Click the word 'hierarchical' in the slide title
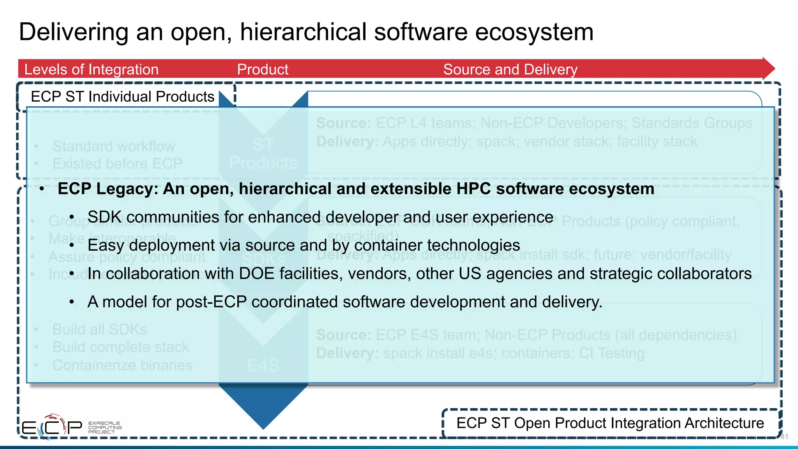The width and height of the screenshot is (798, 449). pos(303,32)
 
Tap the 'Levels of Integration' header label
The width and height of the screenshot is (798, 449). pos(91,69)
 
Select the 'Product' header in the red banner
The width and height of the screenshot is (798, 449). pos(263,69)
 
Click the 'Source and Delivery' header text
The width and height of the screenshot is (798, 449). pos(510,69)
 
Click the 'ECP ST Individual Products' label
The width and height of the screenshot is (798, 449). pos(122,97)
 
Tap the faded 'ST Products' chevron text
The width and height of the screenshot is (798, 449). pos(263,154)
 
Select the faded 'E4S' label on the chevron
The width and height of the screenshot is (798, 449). pos(263,365)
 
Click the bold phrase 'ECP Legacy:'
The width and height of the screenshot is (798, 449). pos(108,189)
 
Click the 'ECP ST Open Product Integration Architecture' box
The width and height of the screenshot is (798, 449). pos(610,423)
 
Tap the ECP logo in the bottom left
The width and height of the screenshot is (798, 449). pos(51,427)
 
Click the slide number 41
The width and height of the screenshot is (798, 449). pos(784,437)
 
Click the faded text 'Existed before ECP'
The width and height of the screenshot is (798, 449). pos(117,163)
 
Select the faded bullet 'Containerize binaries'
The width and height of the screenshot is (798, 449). pos(122,365)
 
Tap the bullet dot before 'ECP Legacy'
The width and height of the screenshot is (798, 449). pos(42,189)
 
